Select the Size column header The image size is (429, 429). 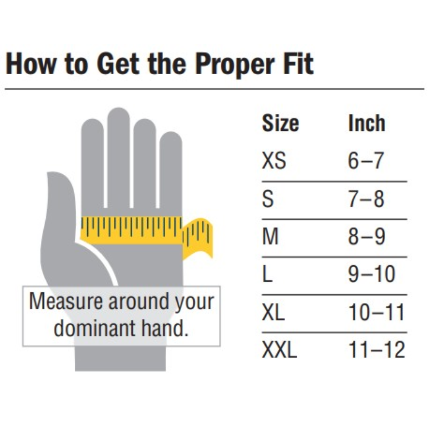click(x=280, y=123)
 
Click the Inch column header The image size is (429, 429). click(x=367, y=123)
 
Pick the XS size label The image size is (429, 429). click(x=274, y=160)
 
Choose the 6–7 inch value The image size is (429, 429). click(x=365, y=160)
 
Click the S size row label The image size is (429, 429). click(x=268, y=199)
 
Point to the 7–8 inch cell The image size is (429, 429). click(x=366, y=199)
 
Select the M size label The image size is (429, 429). click(x=270, y=236)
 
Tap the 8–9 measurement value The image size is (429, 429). click(x=367, y=236)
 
